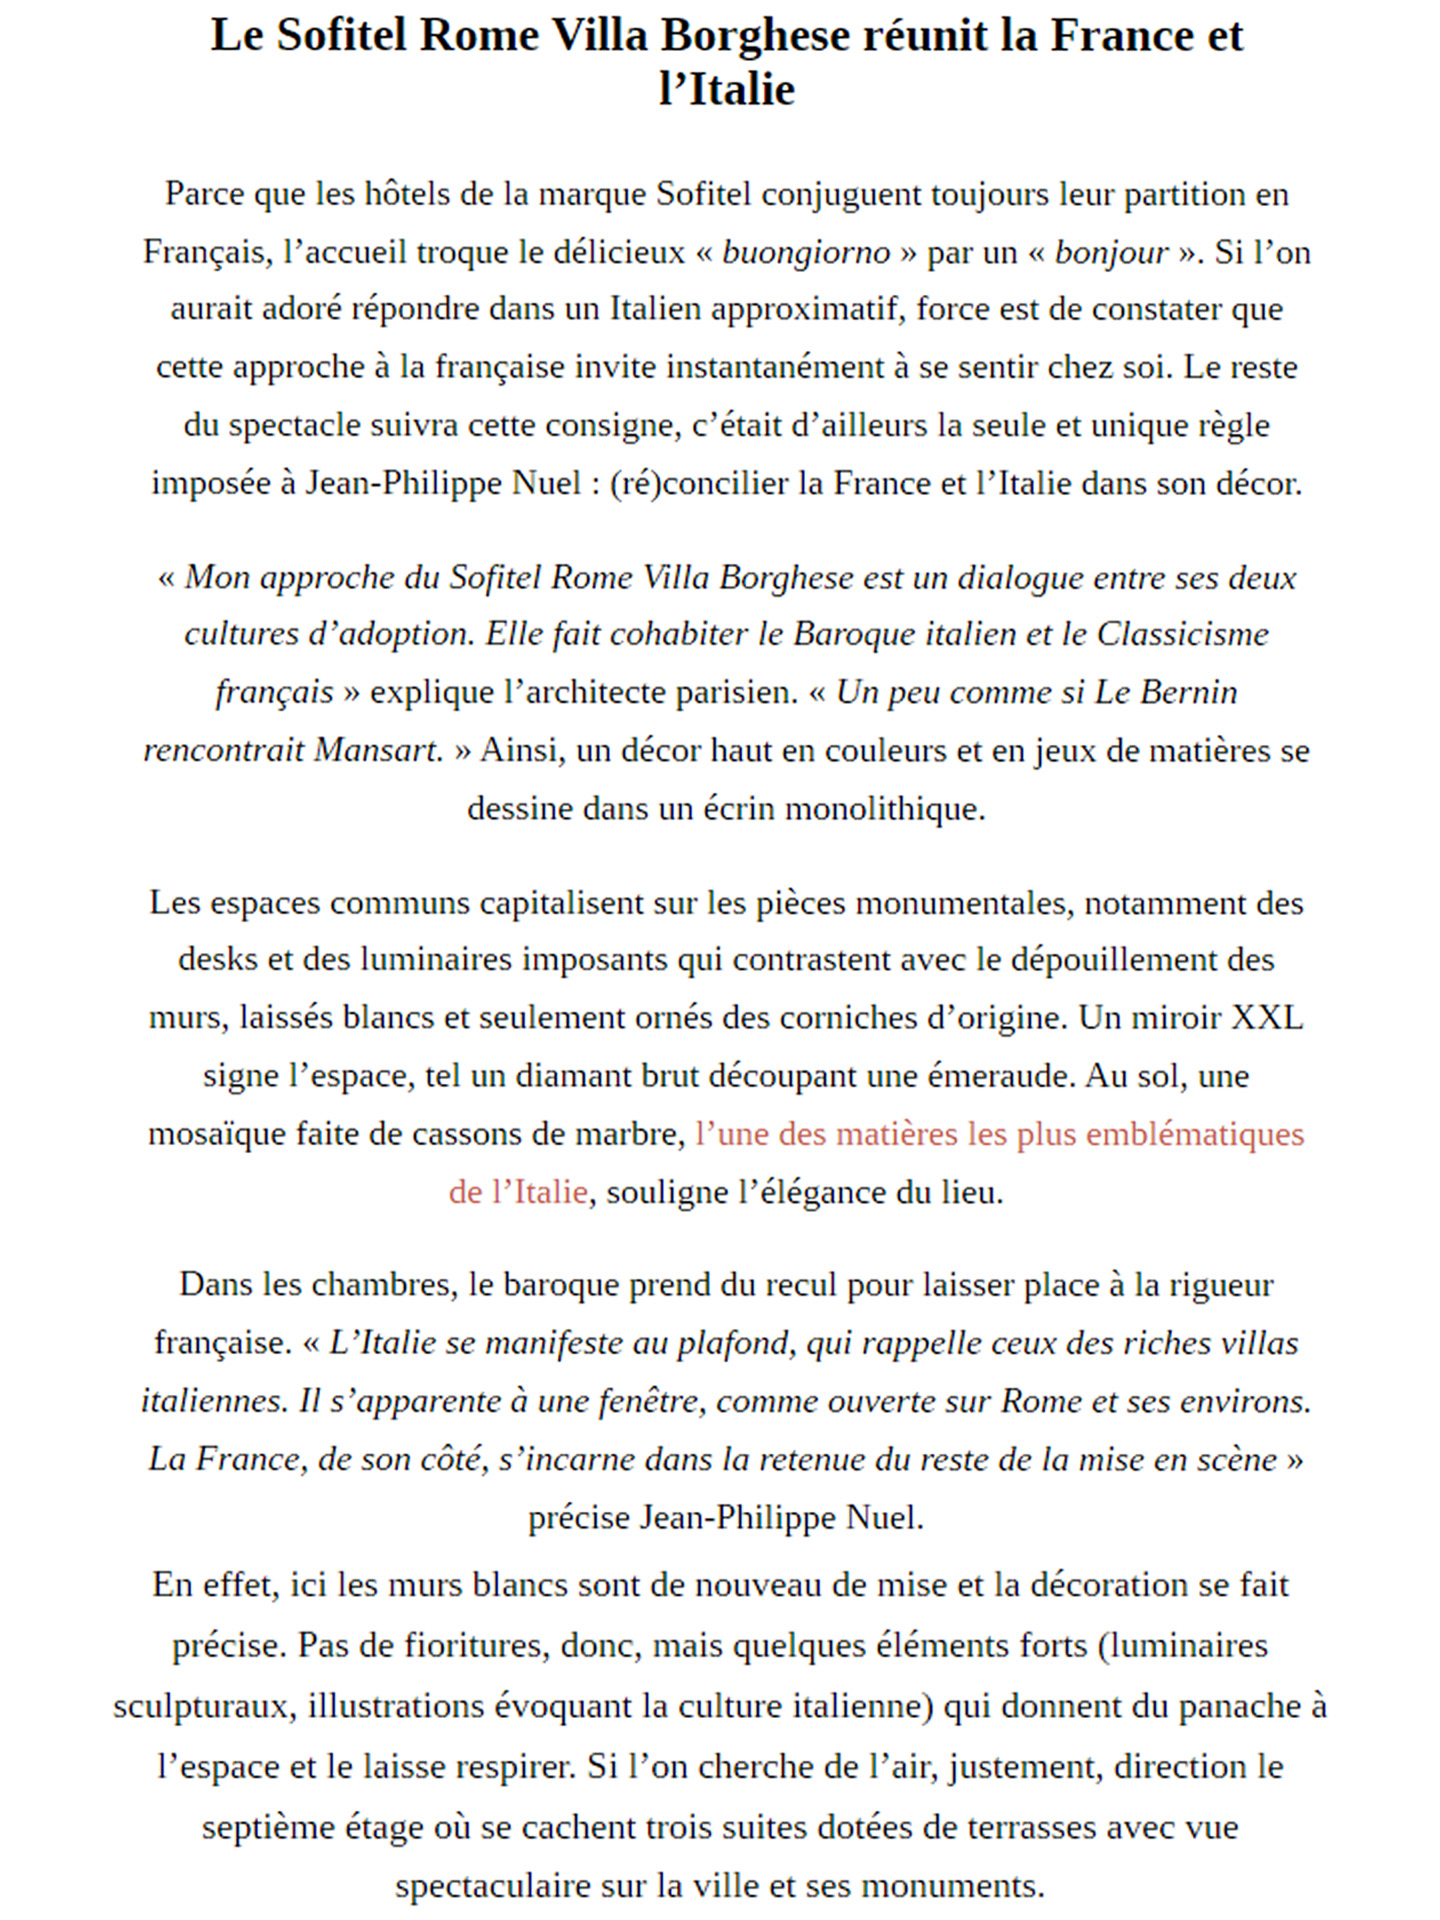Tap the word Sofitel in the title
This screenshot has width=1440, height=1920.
[341, 36]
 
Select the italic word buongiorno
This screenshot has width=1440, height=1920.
[806, 252]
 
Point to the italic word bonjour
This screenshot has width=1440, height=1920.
[1111, 252]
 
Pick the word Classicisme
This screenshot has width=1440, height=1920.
[1182, 635]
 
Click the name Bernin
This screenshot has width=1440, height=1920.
[1190, 693]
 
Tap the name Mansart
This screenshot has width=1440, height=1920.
[378, 751]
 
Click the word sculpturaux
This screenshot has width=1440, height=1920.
[204, 1706]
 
